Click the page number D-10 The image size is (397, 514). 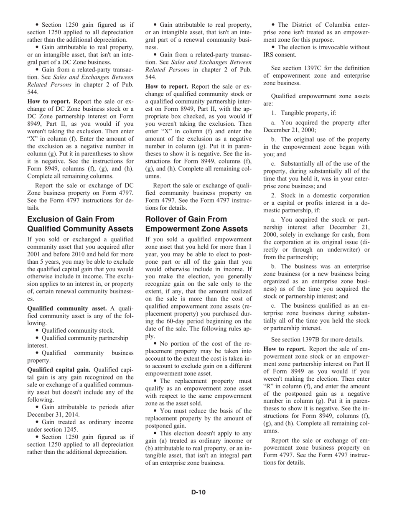coord(198,492)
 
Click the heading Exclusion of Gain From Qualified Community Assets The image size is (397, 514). coord(80,224)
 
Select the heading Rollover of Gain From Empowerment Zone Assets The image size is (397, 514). coord(196,224)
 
